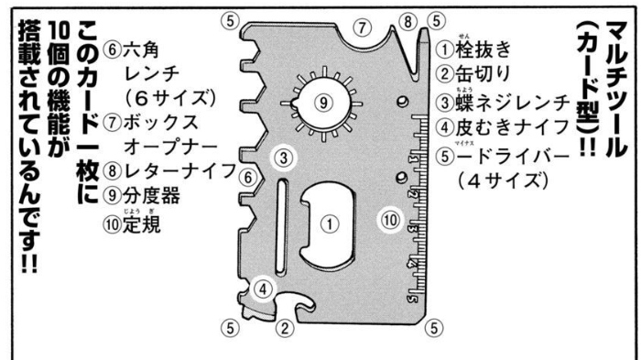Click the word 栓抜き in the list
(x=483, y=49)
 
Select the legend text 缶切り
(x=483, y=74)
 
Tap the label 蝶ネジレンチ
(x=513, y=103)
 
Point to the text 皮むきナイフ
(x=513, y=127)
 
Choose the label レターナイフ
(x=179, y=171)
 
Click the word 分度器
(x=151, y=196)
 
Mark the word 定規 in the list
(x=141, y=224)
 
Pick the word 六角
(x=141, y=49)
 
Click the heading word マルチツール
(x=617, y=89)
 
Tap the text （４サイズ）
(x=503, y=180)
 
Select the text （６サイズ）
(x=171, y=98)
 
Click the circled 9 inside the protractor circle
(x=323, y=103)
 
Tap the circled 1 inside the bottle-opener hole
(x=330, y=224)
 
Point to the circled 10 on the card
(x=390, y=221)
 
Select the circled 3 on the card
(x=284, y=158)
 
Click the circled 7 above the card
(x=363, y=28)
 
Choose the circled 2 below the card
(x=285, y=328)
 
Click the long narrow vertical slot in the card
(x=281, y=226)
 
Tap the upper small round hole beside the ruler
(x=403, y=101)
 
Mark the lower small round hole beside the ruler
(x=402, y=178)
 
